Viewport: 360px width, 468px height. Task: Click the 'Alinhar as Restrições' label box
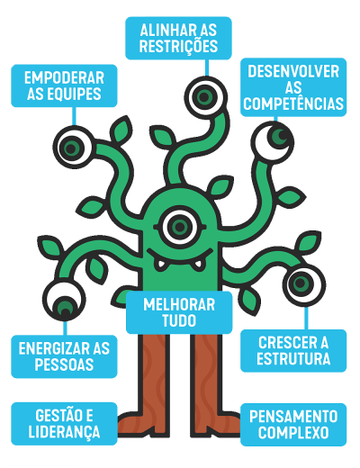178,38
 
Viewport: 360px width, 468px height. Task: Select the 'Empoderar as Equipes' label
64,85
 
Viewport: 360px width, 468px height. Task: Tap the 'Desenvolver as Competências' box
293,87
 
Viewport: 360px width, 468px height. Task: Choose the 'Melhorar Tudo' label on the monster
179,312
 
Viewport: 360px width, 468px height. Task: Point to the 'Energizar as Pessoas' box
64,356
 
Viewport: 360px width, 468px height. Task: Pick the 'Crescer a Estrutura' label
293,351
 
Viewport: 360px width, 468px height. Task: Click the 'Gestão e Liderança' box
64,424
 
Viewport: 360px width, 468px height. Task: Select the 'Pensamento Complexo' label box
293,425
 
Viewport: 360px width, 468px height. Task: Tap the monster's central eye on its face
180,227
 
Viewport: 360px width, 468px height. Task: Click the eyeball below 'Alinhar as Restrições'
206,97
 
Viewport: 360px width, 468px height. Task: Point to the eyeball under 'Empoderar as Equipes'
74,148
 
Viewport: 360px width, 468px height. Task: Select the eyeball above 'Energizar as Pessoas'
64,300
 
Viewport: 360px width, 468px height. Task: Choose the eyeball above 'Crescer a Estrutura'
304,284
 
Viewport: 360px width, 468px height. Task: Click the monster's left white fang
160,265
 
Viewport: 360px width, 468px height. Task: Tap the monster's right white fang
198,265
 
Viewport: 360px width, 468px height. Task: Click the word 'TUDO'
179,320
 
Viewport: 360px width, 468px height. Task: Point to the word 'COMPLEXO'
293,432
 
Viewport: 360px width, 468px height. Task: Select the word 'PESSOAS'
64,364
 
